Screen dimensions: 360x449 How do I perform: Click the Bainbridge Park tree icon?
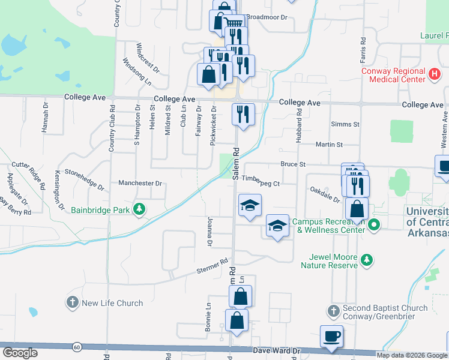(x=139, y=209)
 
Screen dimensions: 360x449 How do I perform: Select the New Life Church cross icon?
(x=73, y=302)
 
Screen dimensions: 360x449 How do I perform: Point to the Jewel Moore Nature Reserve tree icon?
(x=366, y=260)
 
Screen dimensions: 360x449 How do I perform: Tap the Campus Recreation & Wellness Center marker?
(x=374, y=226)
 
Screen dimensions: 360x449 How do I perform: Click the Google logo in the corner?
(x=20, y=353)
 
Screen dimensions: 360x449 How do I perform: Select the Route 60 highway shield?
(x=77, y=347)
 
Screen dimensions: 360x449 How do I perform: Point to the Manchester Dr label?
(x=140, y=183)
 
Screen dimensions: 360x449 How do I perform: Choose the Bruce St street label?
(x=293, y=164)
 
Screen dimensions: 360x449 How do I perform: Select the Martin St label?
(x=329, y=145)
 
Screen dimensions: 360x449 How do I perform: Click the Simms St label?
(x=345, y=124)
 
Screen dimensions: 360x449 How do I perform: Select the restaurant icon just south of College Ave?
(x=243, y=113)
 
